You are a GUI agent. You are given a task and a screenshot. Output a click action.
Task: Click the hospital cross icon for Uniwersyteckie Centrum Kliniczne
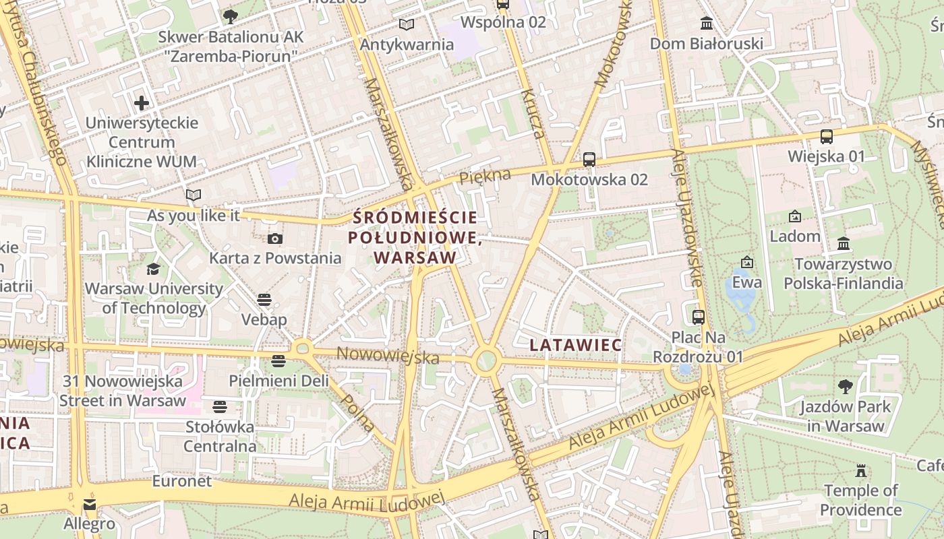(x=142, y=103)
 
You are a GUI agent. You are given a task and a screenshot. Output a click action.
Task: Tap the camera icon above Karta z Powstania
(x=275, y=239)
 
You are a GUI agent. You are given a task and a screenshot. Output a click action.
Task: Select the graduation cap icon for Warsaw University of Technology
(x=154, y=269)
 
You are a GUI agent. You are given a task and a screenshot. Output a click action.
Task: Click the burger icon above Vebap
(x=264, y=300)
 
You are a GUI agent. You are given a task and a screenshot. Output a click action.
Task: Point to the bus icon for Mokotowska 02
(x=589, y=160)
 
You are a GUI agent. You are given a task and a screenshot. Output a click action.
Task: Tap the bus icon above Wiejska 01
(x=827, y=137)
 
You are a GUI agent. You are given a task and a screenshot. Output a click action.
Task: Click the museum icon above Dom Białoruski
(x=707, y=24)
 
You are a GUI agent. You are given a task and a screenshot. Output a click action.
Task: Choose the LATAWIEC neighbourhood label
(x=575, y=345)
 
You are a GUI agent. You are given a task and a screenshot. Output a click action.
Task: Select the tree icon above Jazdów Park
(x=846, y=387)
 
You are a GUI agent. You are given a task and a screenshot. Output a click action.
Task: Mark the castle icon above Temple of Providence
(x=861, y=470)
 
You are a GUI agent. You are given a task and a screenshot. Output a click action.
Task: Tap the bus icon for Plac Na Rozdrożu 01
(x=699, y=317)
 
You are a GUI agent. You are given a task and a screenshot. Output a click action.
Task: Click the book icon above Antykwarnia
(x=407, y=25)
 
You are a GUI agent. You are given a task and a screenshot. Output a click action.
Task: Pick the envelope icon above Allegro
(x=90, y=504)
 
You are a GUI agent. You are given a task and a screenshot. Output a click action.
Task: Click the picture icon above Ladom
(x=795, y=216)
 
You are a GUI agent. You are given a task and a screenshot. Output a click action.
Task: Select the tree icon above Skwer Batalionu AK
(x=231, y=16)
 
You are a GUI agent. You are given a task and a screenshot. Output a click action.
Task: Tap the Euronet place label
(x=182, y=481)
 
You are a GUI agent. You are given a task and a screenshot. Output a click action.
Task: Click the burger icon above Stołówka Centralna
(x=220, y=406)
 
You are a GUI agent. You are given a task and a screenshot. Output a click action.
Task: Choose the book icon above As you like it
(x=194, y=195)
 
